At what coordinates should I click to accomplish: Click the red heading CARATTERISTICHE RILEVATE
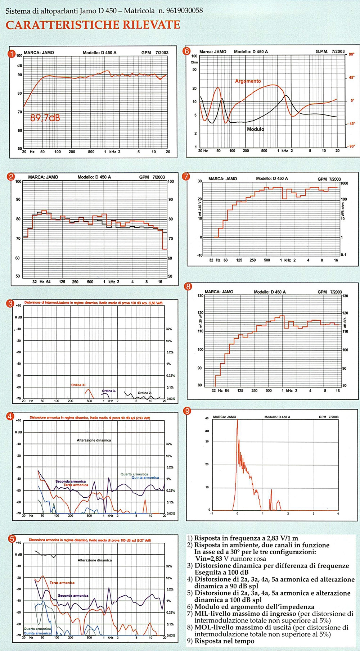click(x=93, y=25)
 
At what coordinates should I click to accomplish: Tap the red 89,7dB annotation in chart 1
click(x=45, y=117)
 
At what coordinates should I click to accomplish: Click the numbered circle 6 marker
click(x=186, y=51)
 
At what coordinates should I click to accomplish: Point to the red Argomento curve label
click(x=248, y=81)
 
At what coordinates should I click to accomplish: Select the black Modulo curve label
click(x=255, y=129)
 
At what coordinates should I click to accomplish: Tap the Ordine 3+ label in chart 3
click(x=78, y=385)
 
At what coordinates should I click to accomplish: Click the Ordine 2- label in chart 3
click(x=145, y=393)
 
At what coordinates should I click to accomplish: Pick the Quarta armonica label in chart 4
click(x=134, y=474)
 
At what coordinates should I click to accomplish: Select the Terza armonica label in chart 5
click(x=62, y=583)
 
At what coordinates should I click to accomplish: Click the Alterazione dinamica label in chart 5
click(x=95, y=560)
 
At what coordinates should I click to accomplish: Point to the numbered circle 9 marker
click(x=187, y=411)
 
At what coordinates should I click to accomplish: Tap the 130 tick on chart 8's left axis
click(x=200, y=296)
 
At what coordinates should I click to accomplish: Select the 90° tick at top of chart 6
click(x=351, y=55)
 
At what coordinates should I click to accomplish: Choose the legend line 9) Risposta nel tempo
click(x=220, y=641)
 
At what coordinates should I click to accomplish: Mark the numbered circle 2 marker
click(x=11, y=176)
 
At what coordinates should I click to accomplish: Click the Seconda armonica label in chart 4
click(x=71, y=482)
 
